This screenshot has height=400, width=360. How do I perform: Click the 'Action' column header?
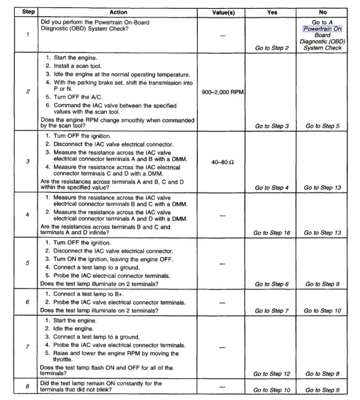pos(118,12)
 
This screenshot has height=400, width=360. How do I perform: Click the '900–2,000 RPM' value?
pos(223,92)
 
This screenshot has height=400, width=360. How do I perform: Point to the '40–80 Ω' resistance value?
pos(223,162)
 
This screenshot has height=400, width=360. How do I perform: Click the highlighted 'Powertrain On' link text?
pos(323,29)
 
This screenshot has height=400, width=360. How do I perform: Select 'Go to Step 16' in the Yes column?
pos(272,233)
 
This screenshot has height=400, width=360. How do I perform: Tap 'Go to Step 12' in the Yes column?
pos(272,373)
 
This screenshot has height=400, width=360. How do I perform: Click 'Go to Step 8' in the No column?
pos(323,373)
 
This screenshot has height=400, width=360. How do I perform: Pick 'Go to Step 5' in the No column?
pos(323,126)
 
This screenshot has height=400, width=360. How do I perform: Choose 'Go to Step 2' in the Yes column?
pos(272,48)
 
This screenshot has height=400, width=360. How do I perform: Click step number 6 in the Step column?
pos(28,302)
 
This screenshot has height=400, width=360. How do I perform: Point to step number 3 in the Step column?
pos(28,161)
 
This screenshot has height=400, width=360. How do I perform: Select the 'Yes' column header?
pos(272,12)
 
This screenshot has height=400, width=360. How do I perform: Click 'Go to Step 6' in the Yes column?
pos(272,284)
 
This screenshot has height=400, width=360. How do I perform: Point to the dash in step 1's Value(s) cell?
pos(223,36)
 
